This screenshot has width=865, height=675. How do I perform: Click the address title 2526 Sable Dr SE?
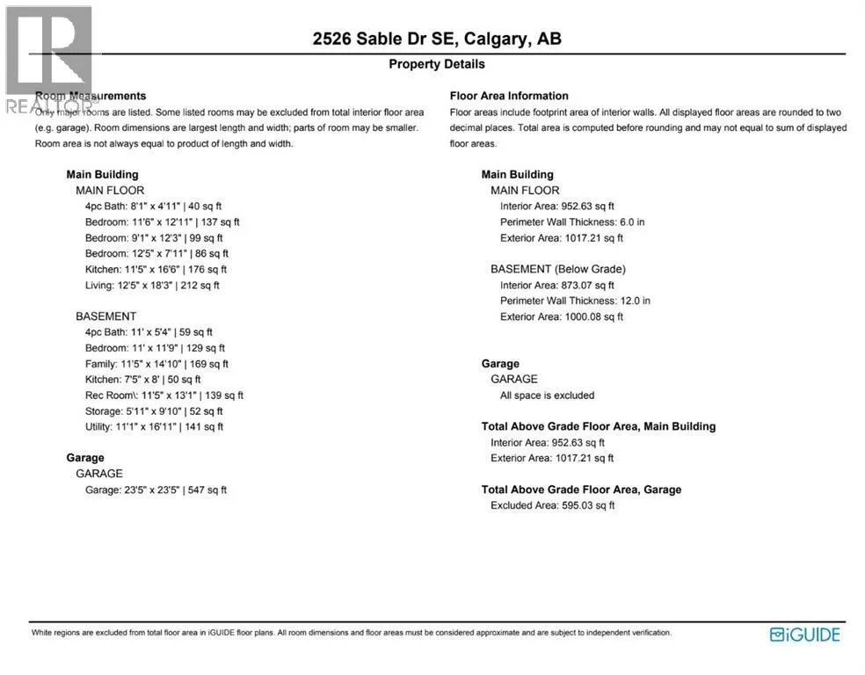coord(437,39)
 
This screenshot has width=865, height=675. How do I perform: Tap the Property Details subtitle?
coord(437,64)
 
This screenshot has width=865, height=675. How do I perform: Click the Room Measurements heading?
coord(91,96)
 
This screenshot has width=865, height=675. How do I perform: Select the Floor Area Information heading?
coord(509,96)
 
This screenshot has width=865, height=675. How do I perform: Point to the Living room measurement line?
coord(152,285)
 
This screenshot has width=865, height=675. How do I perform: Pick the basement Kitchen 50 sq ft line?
coord(142,380)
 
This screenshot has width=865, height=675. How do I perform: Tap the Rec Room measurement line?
coord(164,396)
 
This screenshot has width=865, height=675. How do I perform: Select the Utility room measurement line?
coord(154,427)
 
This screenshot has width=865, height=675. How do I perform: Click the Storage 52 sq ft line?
coord(154,411)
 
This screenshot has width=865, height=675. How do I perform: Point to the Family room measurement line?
coord(156,364)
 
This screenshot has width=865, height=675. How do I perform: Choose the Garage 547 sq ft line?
coord(156,490)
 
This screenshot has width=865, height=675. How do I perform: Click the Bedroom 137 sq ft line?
coord(162,222)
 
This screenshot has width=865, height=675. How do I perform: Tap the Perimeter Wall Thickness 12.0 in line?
coord(575,301)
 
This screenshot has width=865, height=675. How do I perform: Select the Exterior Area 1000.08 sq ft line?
coord(561,316)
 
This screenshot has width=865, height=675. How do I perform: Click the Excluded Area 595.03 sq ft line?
coord(552,505)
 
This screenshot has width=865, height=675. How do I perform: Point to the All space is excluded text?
coord(547,396)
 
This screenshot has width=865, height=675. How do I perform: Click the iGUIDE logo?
coord(804,635)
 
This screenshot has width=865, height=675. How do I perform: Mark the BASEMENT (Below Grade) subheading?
coord(558,269)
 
